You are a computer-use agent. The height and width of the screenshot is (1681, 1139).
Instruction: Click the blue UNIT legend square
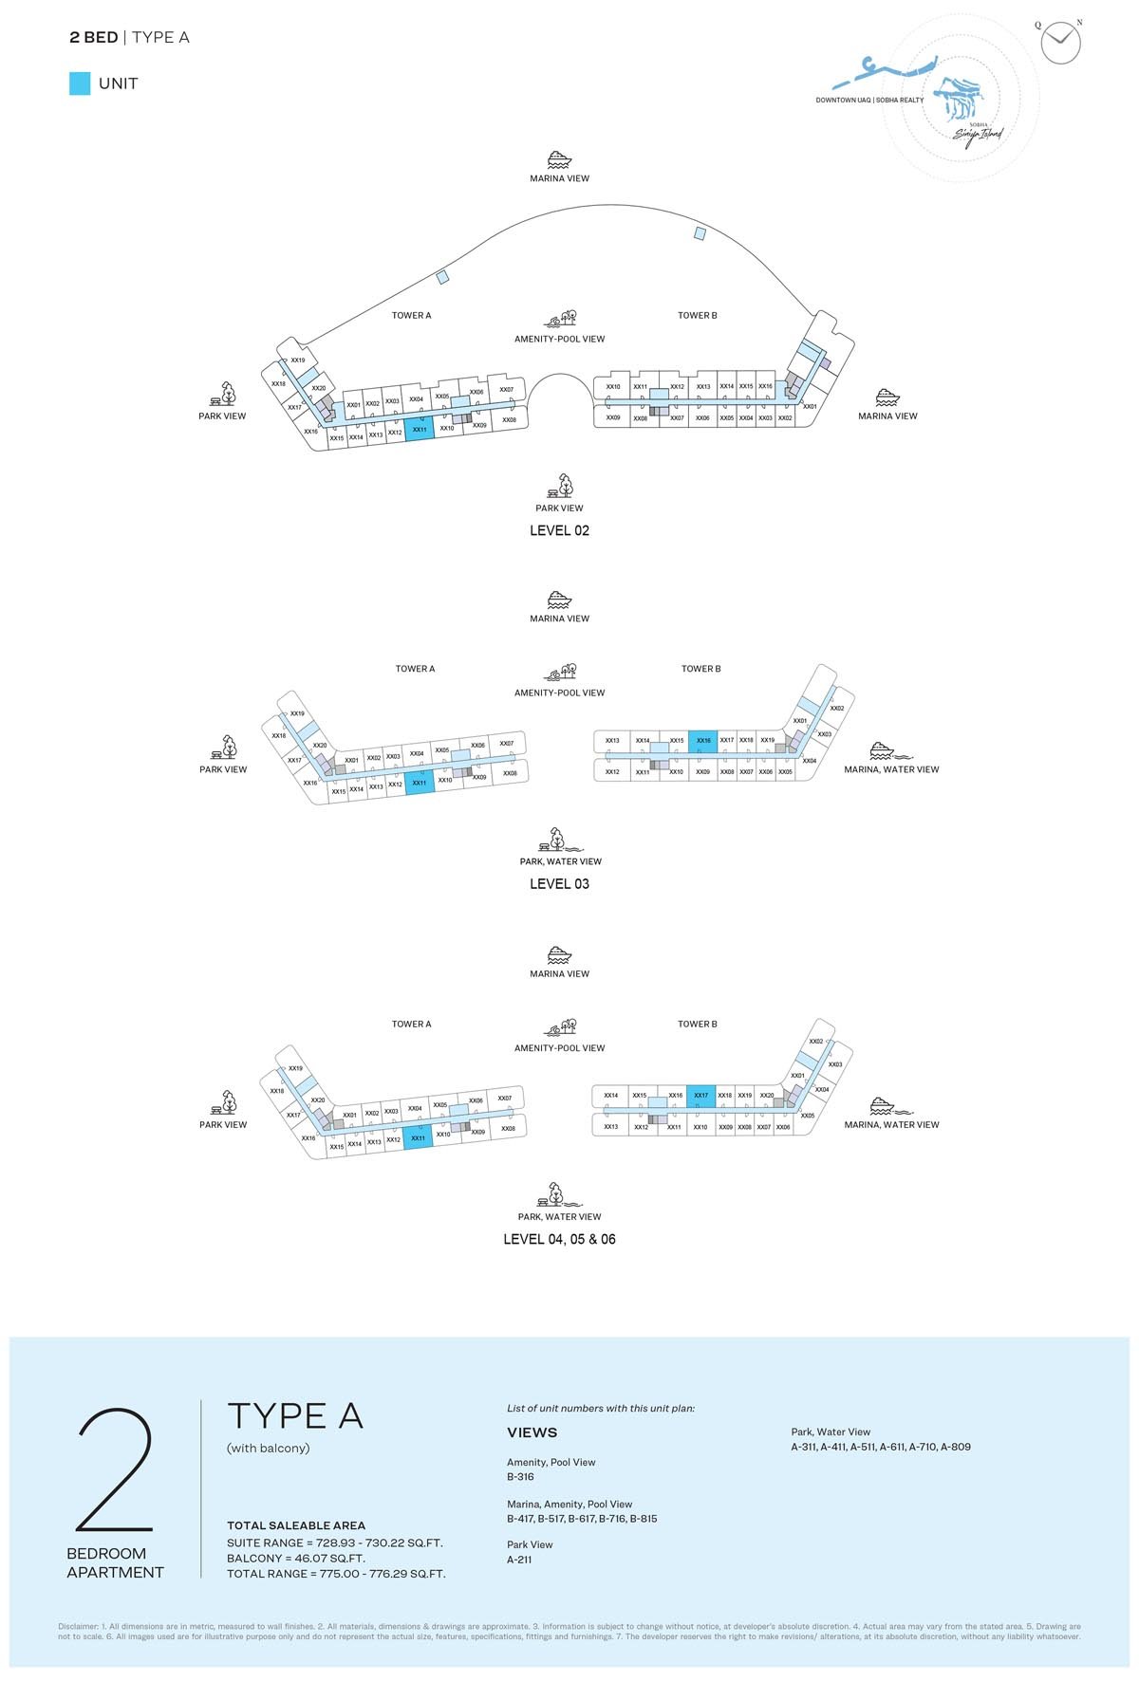pyautogui.click(x=80, y=83)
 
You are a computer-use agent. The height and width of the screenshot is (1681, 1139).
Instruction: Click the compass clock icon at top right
pyautogui.click(x=1059, y=43)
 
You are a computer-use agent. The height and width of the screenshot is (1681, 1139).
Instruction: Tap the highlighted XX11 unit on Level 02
pyautogui.click(x=420, y=429)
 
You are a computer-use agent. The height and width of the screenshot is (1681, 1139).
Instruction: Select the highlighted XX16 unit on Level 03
pyautogui.click(x=702, y=741)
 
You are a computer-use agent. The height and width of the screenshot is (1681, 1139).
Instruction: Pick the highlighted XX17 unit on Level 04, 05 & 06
pyautogui.click(x=700, y=1096)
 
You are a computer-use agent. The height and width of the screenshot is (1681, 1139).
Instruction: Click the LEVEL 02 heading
pyautogui.click(x=559, y=530)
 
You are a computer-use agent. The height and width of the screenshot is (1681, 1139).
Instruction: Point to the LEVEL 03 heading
pyautogui.click(x=559, y=883)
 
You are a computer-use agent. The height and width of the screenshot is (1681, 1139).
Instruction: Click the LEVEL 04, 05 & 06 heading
pyautogui.click(x=559, y=1239)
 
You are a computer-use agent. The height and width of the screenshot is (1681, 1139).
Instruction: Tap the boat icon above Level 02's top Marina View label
pyautogui.click(x=559, y=159)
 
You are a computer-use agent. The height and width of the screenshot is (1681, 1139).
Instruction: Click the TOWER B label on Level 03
pyautogui.click(x=700, y=669)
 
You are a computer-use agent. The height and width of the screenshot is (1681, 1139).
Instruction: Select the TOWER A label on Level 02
pyautogui.click(x=411, y=315)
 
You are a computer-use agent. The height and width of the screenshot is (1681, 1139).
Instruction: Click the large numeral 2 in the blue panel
pyautogui.click(x=115, y=1469)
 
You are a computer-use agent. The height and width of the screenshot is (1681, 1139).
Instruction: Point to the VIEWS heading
pyautogui.click(x=532, y=1432)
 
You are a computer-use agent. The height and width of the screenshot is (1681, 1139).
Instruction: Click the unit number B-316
pyautogui.click(x=520, y=1476)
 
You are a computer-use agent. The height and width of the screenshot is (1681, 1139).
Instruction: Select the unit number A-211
pyautogui.click(x=519, y=1560)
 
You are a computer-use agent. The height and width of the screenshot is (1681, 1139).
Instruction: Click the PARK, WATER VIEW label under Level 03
pyautogui.click(x=560, y=861)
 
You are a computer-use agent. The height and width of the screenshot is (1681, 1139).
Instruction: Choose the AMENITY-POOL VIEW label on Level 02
pyautogui.click(x=559, y=339)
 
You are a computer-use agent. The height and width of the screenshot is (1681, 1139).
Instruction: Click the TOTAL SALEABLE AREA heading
pyautogui.click(x=296, y=1525)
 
